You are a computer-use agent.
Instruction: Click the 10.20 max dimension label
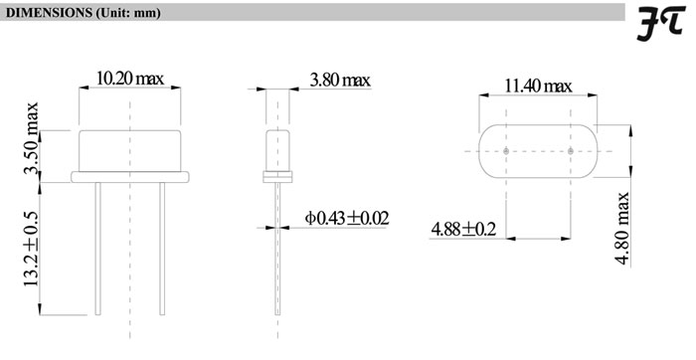click(x=129, y=78)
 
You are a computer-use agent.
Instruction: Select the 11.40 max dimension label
click(x=538, y=87)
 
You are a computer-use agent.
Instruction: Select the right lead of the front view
click(x=160, y=249)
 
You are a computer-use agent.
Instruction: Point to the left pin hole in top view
click(x=506, y=151)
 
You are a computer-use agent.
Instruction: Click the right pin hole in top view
click(x=572, y=151)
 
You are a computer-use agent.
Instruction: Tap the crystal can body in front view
click(x=129, y=151)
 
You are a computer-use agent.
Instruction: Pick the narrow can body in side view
click(x=275, y=149)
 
